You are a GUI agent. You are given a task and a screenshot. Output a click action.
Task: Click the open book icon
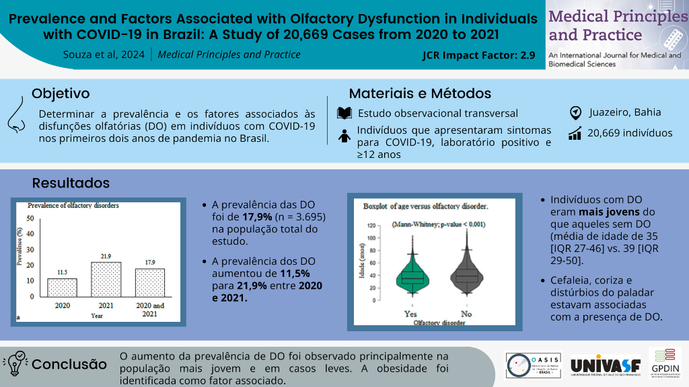click(344, 113)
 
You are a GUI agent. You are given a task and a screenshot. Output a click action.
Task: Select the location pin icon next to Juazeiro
click(575, 112)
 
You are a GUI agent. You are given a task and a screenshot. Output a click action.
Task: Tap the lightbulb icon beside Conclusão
click(15, 363)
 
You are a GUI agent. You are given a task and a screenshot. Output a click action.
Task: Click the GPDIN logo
click(665, 363)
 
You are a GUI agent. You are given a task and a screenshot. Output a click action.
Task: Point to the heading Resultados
click(71, 183)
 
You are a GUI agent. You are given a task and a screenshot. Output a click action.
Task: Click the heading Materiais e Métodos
click(420, 93)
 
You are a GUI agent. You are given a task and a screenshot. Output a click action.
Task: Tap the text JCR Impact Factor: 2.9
click(478, 56)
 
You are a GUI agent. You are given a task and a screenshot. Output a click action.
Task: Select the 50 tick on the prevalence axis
click(30, 218)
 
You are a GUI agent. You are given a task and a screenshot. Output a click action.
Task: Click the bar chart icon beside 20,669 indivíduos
click(575, 134)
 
